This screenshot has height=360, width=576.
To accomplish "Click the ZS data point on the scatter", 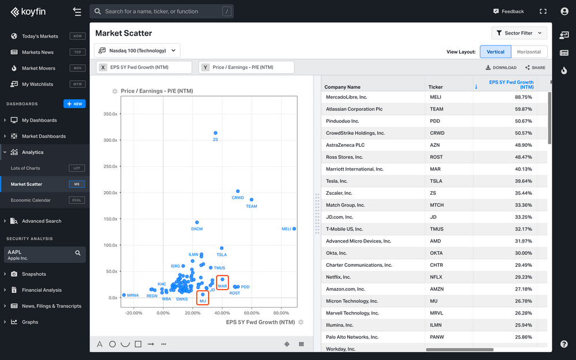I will point(215,133).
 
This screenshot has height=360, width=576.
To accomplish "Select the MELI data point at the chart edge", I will point(294,229).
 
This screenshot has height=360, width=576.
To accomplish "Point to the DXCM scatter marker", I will point(197,222).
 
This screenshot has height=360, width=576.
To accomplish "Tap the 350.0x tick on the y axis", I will point(110,114).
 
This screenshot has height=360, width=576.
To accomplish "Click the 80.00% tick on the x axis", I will point(281,313).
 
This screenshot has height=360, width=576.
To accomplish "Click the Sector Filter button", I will point(519,33).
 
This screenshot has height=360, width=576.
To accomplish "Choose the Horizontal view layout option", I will point(529,52).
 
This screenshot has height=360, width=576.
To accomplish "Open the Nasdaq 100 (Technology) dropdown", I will point(137,51).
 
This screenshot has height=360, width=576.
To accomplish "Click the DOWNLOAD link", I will point(501,67).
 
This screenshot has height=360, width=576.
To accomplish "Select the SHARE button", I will point(535,67).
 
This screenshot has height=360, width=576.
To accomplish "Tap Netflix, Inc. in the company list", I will point(345,277).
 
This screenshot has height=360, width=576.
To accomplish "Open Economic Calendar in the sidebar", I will point(31,200).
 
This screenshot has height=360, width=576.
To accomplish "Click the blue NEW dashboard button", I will point(74,104).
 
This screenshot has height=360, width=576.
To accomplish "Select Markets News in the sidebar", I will point(37,52).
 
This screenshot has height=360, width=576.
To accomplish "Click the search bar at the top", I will point(161,12).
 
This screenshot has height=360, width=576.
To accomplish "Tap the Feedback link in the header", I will point(509,12).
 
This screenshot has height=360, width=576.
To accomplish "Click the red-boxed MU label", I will point(203,301).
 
